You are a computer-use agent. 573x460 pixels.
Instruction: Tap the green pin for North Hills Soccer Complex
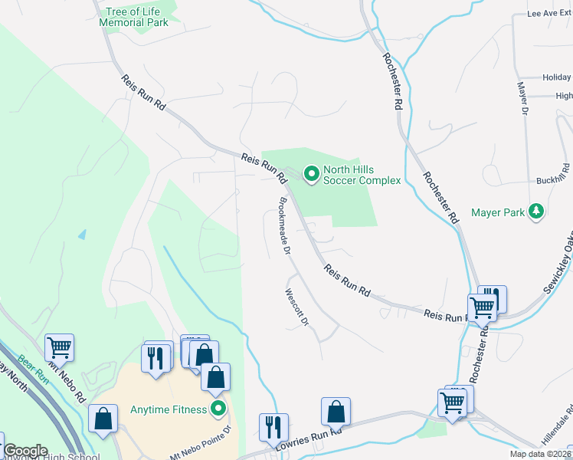[x=311, y=175]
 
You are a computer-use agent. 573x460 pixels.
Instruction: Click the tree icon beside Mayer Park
[x=538, y=211]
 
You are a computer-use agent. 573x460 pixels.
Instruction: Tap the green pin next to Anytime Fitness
[x=219, y=409]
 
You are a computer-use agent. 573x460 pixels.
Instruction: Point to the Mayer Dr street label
[x=522, y=99]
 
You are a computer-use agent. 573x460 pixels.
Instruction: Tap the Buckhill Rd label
[x=552, y=179]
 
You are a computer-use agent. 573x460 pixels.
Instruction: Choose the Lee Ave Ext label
[x=549, y=14]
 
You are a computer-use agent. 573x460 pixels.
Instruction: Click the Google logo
[x=25, y=451]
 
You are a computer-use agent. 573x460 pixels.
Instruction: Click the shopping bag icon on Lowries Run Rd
[x=336, y=411]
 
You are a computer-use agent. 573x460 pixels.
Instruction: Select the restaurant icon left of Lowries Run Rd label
[x=273, y=426]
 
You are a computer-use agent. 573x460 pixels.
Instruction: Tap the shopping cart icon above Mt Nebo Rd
[x=59, y=348]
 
